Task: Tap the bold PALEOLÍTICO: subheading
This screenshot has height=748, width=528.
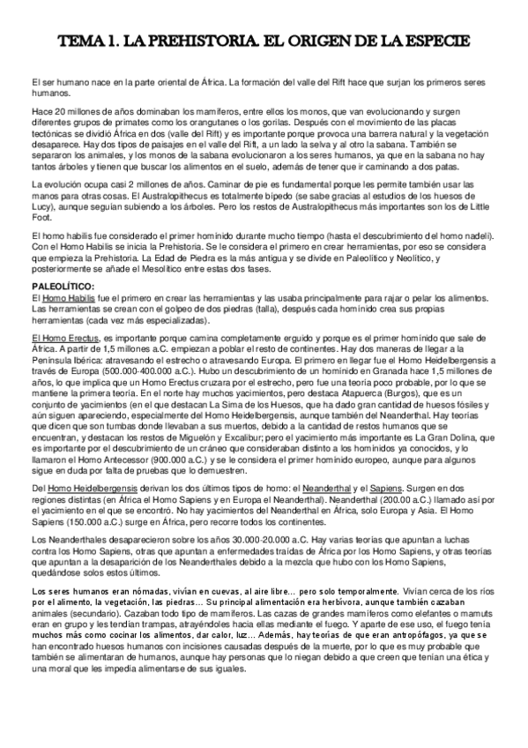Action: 68,288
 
